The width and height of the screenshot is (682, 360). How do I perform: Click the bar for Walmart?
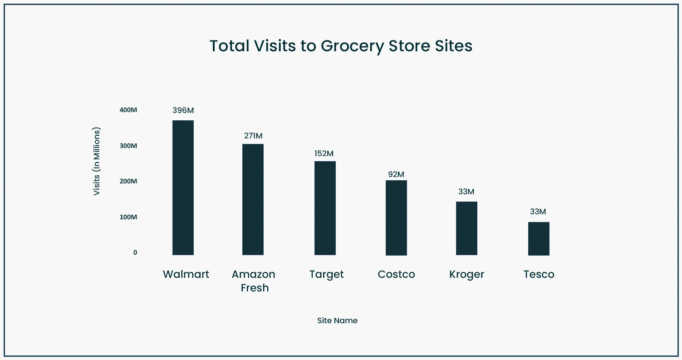[x=183, y=187]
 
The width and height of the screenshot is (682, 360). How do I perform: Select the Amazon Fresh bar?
[x=253, y=199]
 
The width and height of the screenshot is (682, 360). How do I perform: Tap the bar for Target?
[x=325, y=208]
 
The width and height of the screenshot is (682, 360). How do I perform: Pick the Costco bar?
[x=396, y=217]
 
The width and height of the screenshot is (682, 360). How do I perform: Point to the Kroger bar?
[x=466, y=228]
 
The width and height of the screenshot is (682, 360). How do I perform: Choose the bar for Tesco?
[x=539, y=238]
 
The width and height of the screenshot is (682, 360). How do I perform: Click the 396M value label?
[x=183, y=110]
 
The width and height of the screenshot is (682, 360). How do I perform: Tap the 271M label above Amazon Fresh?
[x=253, y=136]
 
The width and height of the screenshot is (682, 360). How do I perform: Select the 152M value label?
[x=324, y=153]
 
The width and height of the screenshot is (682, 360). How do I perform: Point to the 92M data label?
[x=396, y=174]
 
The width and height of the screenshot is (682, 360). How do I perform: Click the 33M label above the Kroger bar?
[x=466, y=192]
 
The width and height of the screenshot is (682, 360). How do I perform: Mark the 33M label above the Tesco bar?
[x=538, y=212]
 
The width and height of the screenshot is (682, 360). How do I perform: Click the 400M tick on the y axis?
[x=128, y=110]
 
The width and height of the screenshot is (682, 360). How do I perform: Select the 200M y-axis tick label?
[x=128, y=181]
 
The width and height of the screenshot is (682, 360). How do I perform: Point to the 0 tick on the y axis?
[x=135, y=252]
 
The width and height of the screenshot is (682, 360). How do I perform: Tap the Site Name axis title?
[x=337, y=321]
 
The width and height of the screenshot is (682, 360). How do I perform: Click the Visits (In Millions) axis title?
[x=96, y=161]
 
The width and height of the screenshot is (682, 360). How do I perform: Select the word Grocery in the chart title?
[x=352, y=46]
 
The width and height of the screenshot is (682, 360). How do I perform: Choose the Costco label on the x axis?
[x=396, y=274]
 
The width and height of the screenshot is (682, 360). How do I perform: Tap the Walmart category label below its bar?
[x=186, y=274]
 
